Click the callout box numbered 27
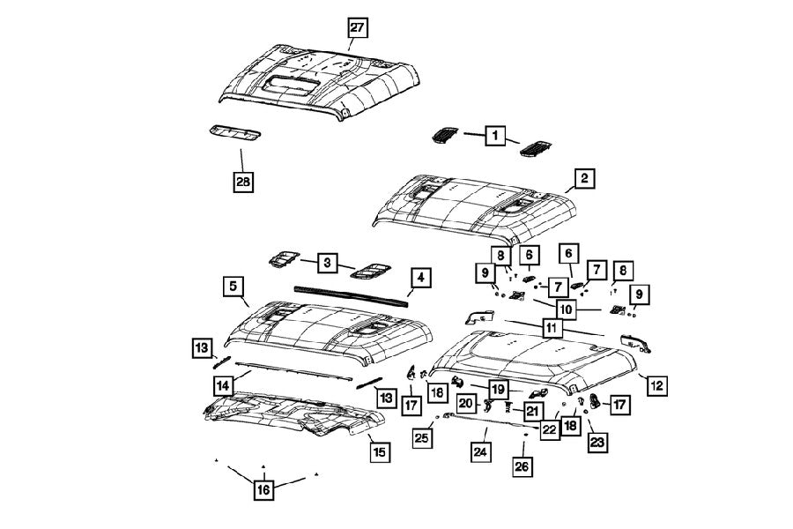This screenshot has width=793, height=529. pyautogui.click(x=356, y=27)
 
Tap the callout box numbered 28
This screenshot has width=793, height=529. pyautogui.click(x=242, y=182)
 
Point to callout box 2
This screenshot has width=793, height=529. pyautogui.click(x=582, y=179)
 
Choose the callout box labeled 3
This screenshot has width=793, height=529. pyautogui.click(x=327, y=263)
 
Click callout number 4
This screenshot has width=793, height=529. pyautogui.click(x=421, y=279)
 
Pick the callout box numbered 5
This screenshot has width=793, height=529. pyautogui.click(x=233, y=287)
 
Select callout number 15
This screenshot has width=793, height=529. pyautogui.click(x=378, y=452)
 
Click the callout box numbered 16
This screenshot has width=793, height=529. pyautogui.click(x=263, y=488)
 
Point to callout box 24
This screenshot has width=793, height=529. pyautogui.click(x=479, y=452)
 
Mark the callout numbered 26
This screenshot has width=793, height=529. pyautogui.click(x=522, y=466)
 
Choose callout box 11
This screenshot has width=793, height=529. pyautogui.click(x=552, y=327)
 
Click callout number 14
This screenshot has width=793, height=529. pyautogui.click(x=224, y=384)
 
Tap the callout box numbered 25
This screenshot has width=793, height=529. pyautogui.click(x=424, y=437)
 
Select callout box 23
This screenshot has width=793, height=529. pyautogui.click(x=597, y=443)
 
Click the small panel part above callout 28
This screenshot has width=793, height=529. pyautogui.click(x=234, y=132)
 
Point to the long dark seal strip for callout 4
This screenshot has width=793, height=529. pyautogui.click(x=352, y=293)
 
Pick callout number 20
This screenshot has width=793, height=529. pyautogui.click(x=466, y=404)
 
